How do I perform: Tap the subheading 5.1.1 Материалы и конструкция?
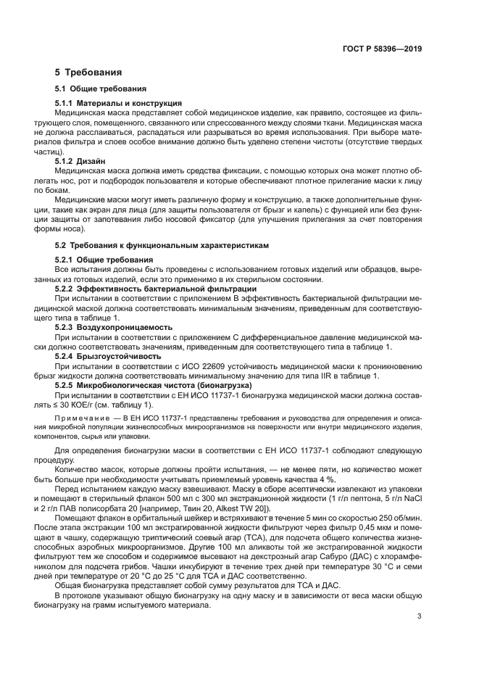click(x=118, y=103)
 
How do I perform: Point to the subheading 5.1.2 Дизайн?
click(x=80, y=161)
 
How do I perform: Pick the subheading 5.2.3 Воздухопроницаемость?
click(x=107, y=327)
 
